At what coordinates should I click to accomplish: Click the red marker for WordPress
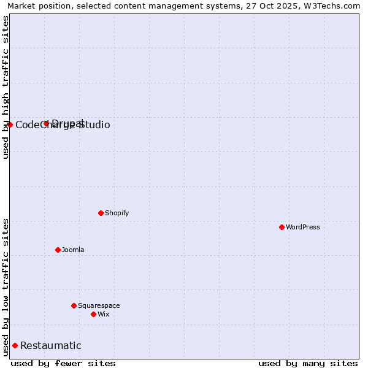282,227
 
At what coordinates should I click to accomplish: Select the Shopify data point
101,213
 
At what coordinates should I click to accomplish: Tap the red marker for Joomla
58,250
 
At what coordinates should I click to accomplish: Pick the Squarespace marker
74,305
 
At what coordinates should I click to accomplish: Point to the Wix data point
93,314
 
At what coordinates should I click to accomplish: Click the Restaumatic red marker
15,345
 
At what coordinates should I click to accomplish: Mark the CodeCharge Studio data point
10,125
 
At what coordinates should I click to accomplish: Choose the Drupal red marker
46,123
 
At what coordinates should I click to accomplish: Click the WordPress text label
303,227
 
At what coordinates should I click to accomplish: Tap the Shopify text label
117,213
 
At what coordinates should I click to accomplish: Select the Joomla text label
73,250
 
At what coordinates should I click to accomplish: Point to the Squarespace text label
99,305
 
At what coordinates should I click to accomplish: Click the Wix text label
103,314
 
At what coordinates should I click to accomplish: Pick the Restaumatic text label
51,345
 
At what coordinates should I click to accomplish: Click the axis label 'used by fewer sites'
63,363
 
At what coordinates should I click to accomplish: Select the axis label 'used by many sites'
308,363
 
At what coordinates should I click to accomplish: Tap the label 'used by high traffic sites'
6,87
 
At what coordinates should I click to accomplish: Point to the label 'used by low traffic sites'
6,287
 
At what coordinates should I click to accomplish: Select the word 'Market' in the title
21,6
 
